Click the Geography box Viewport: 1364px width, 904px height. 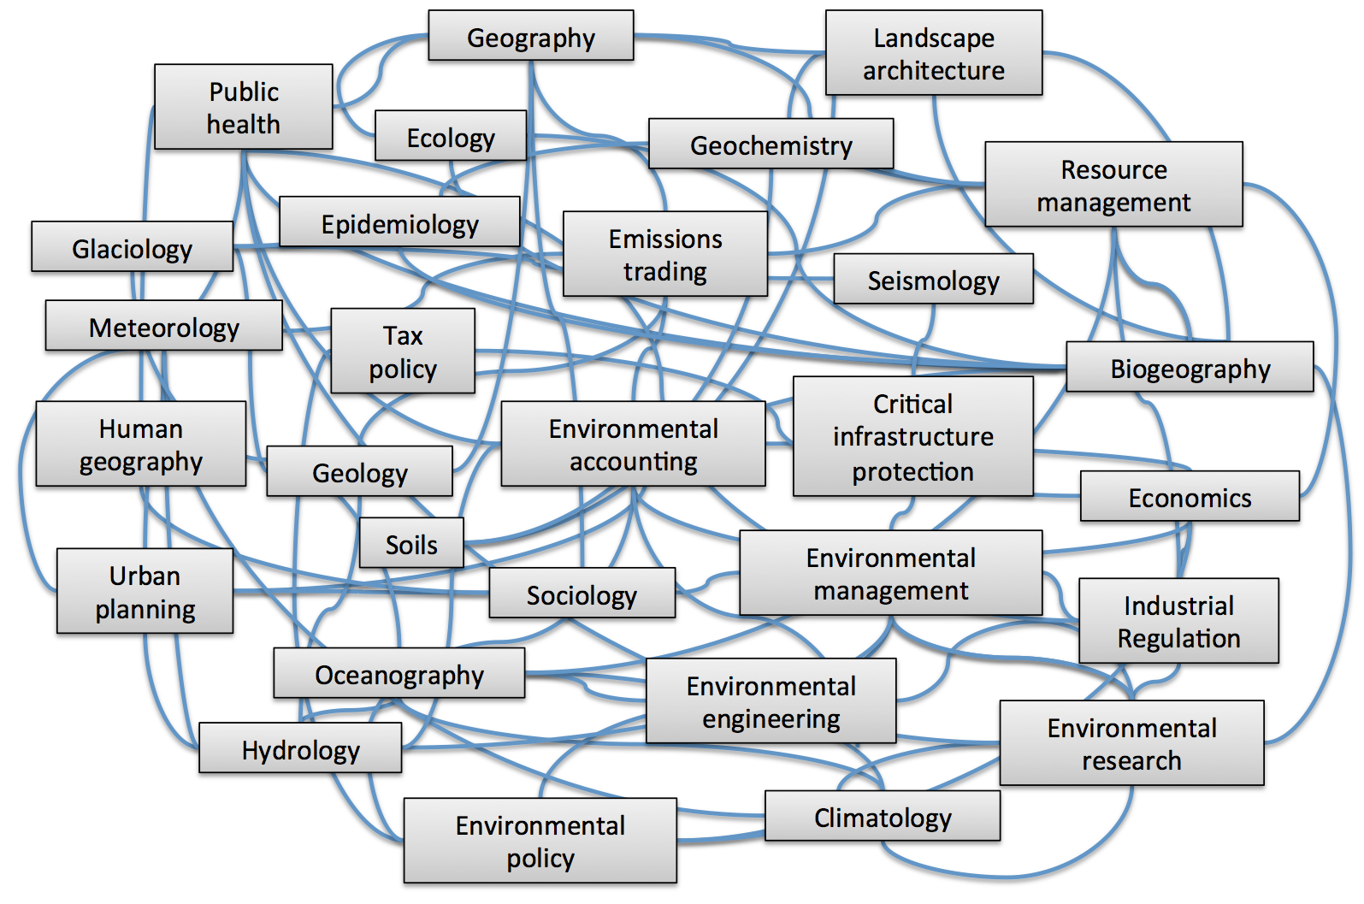pos(531,35)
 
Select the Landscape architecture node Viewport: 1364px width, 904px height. pos(934,53)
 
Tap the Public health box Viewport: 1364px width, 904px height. pos(244,107)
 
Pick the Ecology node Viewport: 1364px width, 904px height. pos(451,135)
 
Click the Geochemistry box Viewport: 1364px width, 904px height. pos(771,144)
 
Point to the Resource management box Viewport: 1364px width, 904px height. pos(1113,185)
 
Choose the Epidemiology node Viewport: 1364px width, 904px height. pos(400,222)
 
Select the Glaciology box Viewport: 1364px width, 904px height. pos(133,246)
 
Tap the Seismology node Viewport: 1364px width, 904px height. pos(934,279)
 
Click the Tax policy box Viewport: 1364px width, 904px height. pos(403,351)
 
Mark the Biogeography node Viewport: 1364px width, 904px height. pos(1190,367)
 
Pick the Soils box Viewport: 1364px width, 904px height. pos(411,543)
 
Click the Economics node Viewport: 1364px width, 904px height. pos(1190,496)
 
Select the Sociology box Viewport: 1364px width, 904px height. pos(582,594)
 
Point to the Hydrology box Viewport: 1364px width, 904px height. pos(300,748)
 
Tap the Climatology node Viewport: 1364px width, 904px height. pos(883,816)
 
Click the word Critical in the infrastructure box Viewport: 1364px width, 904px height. pos(912,405)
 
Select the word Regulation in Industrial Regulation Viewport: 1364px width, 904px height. pos(1179,638)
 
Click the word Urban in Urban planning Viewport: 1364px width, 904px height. pos(145,576)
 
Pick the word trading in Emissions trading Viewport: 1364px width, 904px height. pos(665,272)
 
